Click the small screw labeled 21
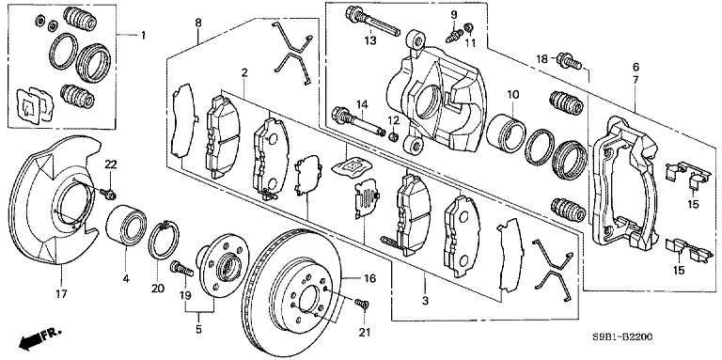pos(364,305)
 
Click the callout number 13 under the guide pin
pos(370,41)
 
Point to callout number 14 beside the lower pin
pos(361,102)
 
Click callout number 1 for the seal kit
pos(144,36)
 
